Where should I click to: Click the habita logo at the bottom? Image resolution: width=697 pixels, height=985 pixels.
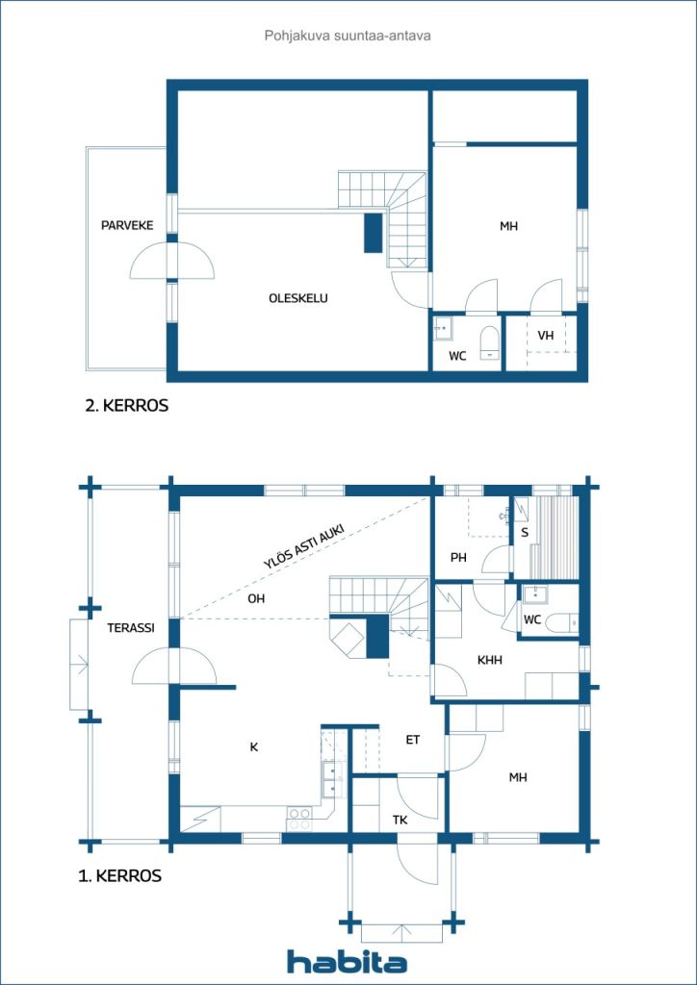click(x=347, y=961)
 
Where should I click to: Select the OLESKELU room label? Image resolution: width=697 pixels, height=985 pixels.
click(x=298, y=298)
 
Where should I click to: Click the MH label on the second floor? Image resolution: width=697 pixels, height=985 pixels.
click(x=508, y=227)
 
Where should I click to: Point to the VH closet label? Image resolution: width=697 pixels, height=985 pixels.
click(x=545, y=336)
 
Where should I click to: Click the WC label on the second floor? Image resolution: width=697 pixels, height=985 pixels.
click(x=457, y=356)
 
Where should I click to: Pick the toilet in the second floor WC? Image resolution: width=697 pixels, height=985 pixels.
click(x=489, y=342)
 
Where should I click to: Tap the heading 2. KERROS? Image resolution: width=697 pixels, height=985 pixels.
click(x=126, y=406)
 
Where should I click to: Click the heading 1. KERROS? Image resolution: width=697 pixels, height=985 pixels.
click(x=119, y=876)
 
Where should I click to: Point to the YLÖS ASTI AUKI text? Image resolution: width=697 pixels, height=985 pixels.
click(x=303, y=544)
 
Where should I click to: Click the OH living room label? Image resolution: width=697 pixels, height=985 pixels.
click(x=255, y=598)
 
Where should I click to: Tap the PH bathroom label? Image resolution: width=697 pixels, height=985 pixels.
click(x=458, y=558)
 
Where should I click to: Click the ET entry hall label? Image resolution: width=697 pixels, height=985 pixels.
click(x=412, y=740)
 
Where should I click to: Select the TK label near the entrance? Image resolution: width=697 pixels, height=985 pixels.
click(x=400, y=820)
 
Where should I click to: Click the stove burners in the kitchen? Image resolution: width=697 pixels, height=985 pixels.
click(x=300, y=819)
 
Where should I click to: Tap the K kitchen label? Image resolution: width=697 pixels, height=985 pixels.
click(x=254, y=746)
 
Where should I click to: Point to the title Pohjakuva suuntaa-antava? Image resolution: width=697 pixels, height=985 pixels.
click(x=348, y=36)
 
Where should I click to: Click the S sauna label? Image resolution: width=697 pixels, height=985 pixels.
click(x=524, y=532)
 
